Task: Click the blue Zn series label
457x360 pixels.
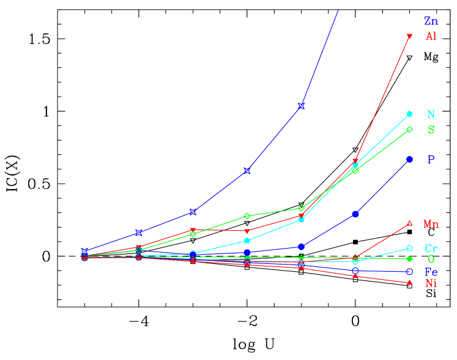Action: pos(431,22)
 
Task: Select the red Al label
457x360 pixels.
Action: pos(431,36)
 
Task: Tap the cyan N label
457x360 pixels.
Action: pos(431,114)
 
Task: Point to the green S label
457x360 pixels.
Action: pos(431,130)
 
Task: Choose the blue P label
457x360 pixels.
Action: pos(431,159)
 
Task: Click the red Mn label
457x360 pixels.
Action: pos(431,224)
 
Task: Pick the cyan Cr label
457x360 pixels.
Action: pos(431,248)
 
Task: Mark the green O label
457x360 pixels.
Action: pos(431,259)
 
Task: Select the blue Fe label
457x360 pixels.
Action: pos(431,272)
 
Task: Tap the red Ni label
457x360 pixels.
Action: pos(431,283)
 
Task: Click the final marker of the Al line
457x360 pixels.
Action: pos(409,37)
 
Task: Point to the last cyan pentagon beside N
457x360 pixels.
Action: pos(409,114)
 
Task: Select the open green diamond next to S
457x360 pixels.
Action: pos(409,129)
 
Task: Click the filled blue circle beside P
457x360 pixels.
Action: pos(409,159)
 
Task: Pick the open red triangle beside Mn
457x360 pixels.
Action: pos(409,223)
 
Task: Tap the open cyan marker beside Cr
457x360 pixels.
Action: pos(409,248)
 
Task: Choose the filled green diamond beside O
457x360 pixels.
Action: pos(409,258)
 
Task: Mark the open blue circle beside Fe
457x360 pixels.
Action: pos(409,271)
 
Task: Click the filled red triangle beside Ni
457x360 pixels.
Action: pos(409,282)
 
